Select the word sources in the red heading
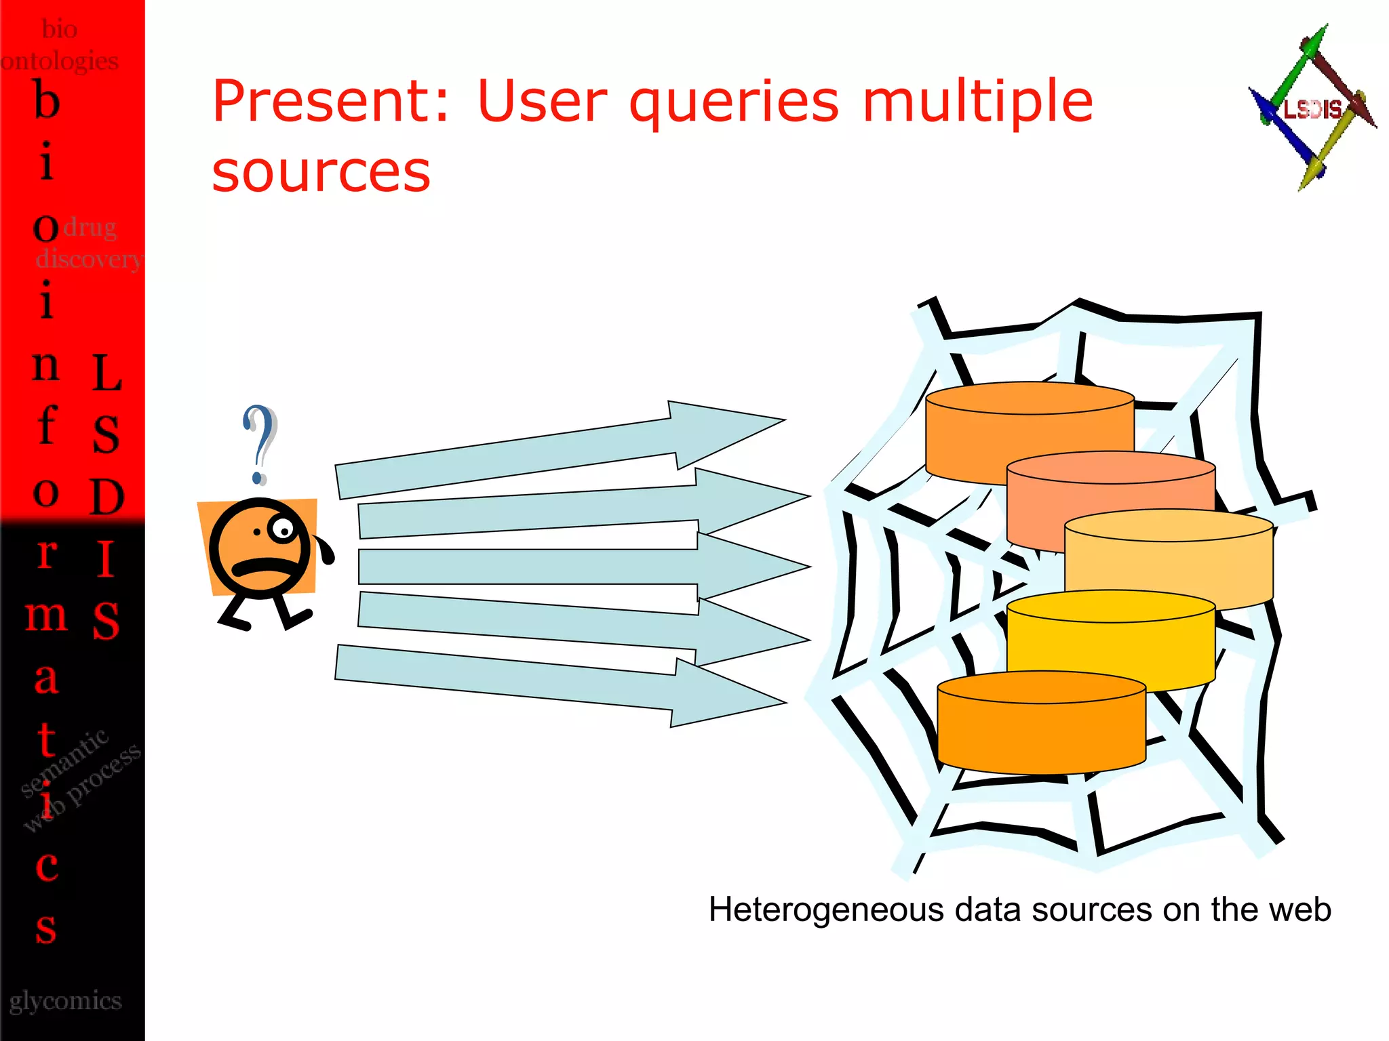321,172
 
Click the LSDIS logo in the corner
1312,108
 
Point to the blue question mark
260,443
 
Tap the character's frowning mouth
260,565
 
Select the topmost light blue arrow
556,451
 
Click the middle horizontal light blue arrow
583,567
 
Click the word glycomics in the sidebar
66,1001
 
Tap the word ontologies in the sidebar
60,61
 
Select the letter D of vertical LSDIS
107,497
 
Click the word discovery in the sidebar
89,259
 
